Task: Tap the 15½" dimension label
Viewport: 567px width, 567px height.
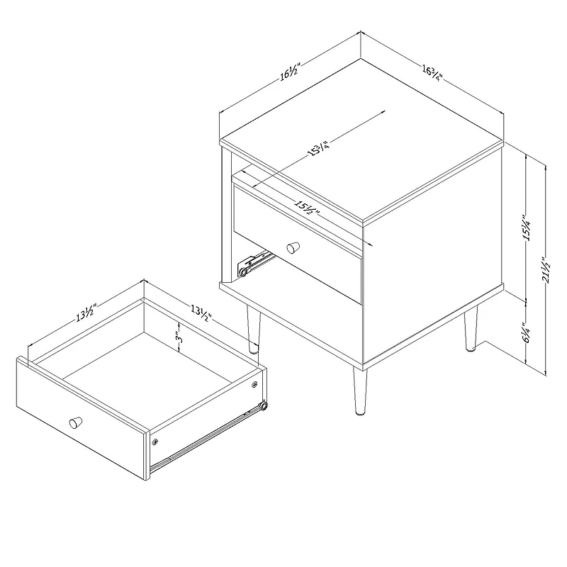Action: (x=307, y=208)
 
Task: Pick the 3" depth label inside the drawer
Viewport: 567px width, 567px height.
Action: (x=181, y=335)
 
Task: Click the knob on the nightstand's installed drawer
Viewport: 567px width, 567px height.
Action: (x=291, y=248)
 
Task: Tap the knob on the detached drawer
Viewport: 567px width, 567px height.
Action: (x=74, y=422)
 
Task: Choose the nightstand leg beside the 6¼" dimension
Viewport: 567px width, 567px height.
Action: (x=469, y=330)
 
